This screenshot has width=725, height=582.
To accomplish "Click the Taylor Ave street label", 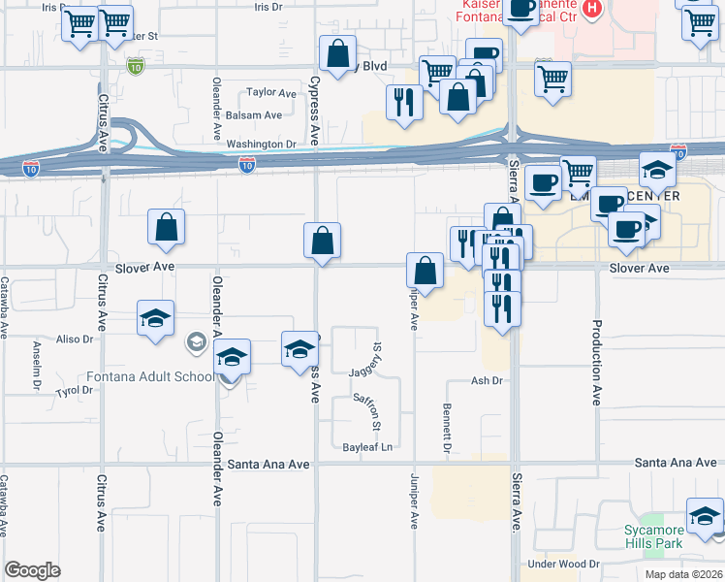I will pyautogui.click(x=270, y=92).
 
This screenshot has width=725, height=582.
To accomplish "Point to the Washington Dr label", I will pyautogui.click(x=262, y=144).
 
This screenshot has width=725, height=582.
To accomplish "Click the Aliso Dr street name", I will pyautogui.click(x=74, y=339).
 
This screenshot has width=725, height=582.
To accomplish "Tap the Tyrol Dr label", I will pyautogui.click(x=74, y=390).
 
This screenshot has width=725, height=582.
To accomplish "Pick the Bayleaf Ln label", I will pyautogui.click(x=369, y=447).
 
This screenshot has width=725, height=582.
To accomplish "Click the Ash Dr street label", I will pyautogui.click(x=489, y=381).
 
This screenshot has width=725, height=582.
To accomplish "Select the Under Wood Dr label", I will pyautogui.click(x=563, y=564).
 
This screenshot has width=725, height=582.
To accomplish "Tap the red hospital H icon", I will pyautogui.click(x=594, y=10).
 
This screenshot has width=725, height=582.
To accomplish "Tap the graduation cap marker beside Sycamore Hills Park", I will pyautogui.click(x=705, y=516).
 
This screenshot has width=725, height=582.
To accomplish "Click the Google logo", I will pyautogui.click(x=32, y=569).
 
